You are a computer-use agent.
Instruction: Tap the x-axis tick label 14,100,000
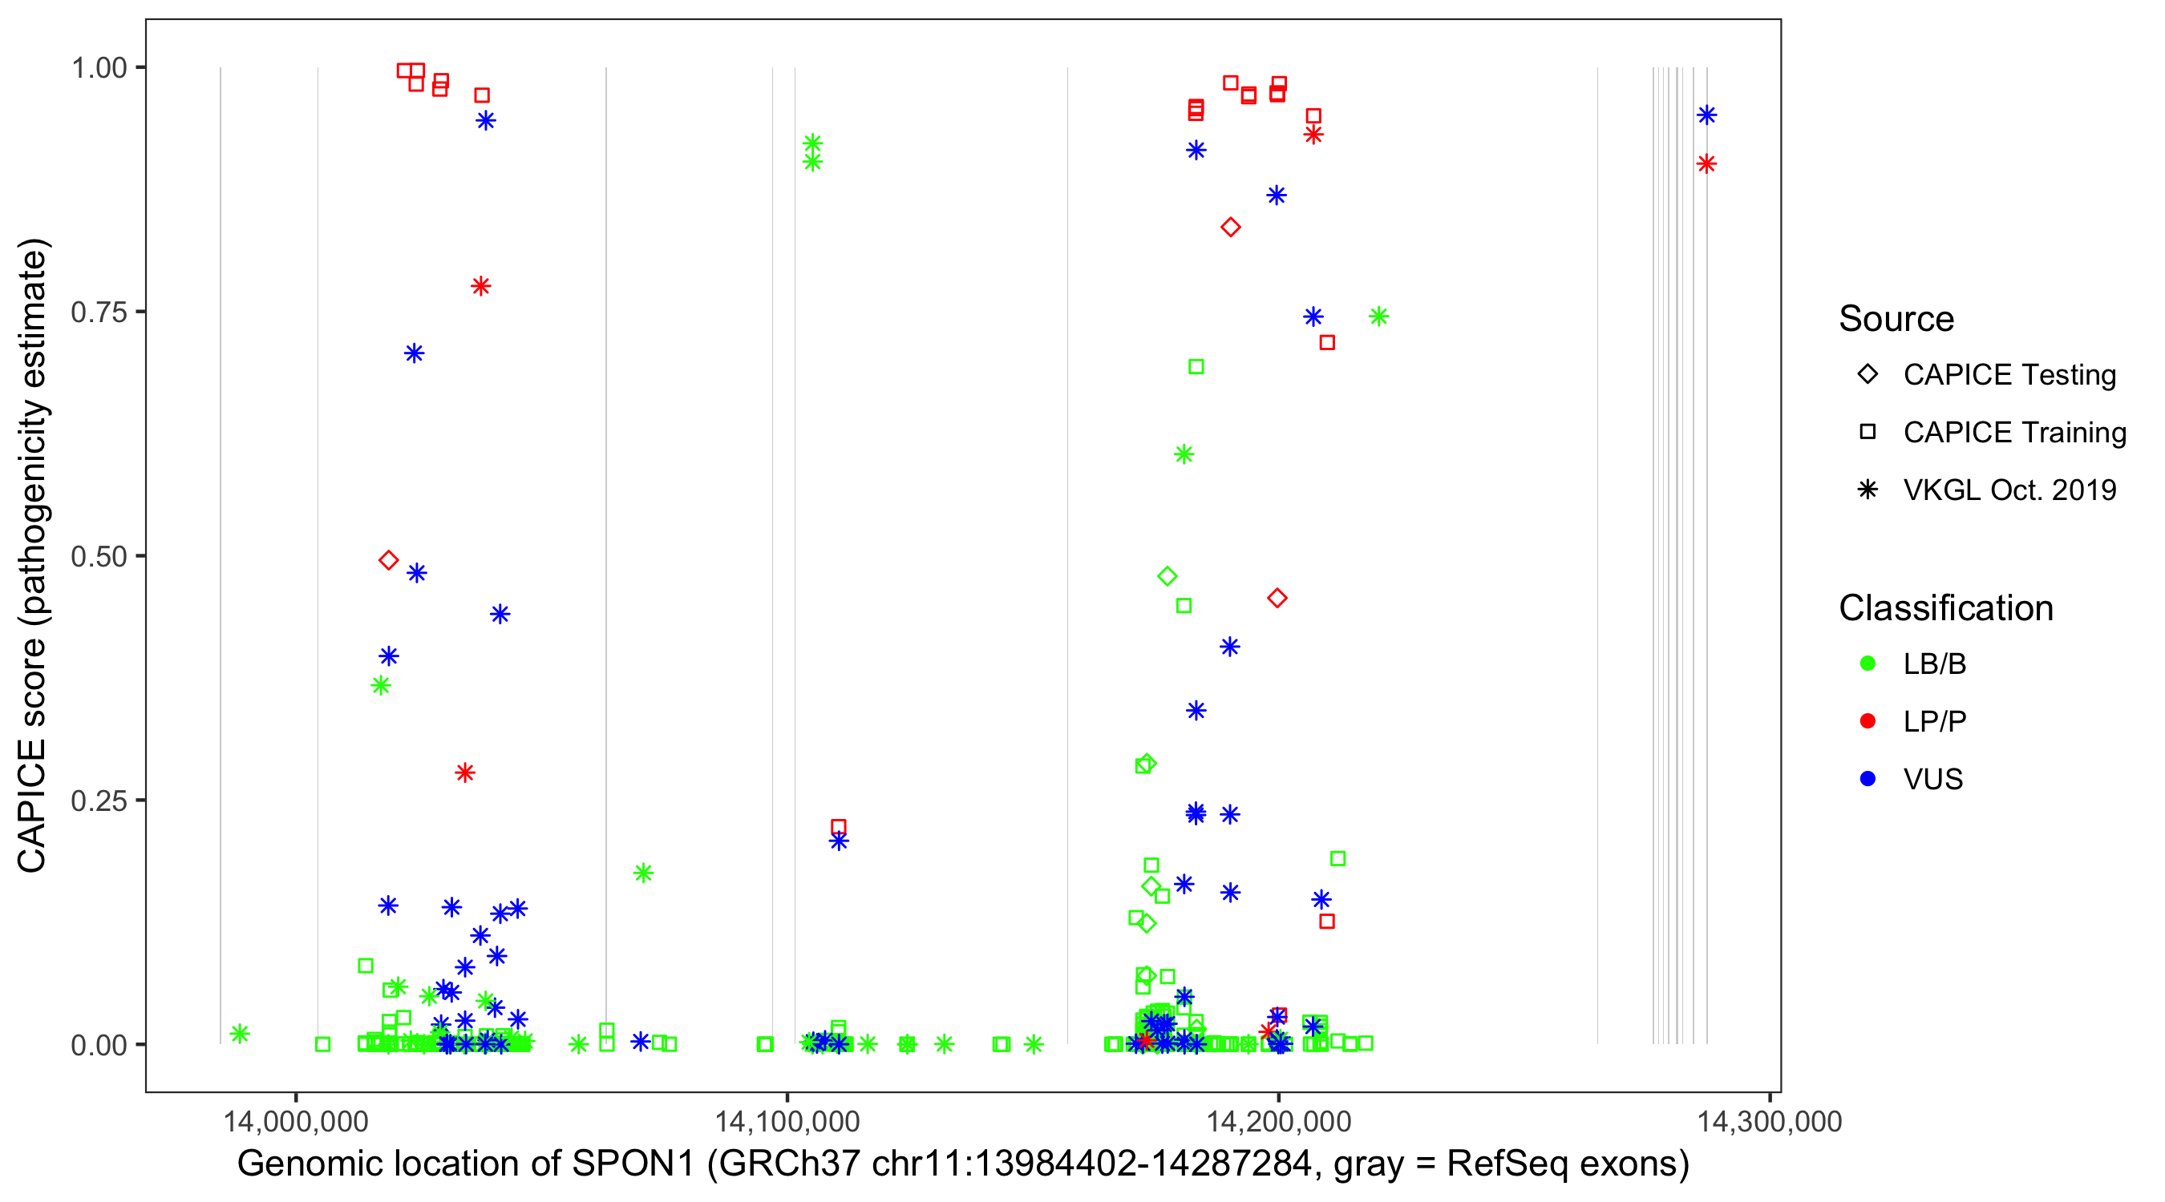point(787,1121)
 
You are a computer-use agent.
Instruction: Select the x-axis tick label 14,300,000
point(1769,1121)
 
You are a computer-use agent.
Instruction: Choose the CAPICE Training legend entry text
point(2014,433)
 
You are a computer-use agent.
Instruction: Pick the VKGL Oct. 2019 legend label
point(2009,490)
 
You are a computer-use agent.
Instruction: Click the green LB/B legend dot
point(1868,664)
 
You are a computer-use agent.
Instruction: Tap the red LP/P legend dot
point(1868,721)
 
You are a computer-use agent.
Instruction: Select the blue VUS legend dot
point(1868,779)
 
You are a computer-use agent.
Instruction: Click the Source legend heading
point(1896,319)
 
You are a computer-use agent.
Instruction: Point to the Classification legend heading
point(1945,608)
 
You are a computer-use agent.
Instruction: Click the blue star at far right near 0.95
point(1706,115)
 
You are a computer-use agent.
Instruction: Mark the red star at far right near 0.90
point(1706,163)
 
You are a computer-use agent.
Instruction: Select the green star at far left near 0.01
point(240,1033)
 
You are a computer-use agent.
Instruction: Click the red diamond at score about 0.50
point(388,560)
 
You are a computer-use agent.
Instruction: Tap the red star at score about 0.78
point(481,286)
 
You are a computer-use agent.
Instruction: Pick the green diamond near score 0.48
point(1167,576)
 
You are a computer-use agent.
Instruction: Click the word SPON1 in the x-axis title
point(633,1164)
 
